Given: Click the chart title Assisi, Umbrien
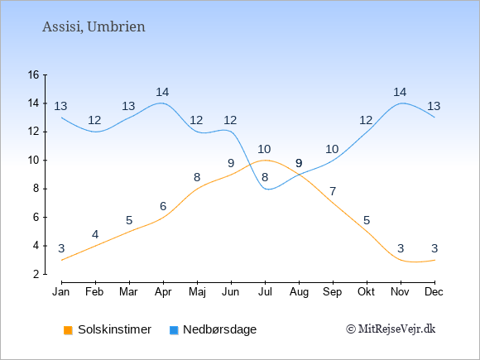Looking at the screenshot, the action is coord(94,26).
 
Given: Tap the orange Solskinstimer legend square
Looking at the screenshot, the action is coord(68,330).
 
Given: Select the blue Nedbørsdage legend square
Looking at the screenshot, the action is coord(174,330).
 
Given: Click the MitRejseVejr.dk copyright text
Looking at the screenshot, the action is coord(391,329).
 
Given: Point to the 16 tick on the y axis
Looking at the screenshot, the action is coord(33,74).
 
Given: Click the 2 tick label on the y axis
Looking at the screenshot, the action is coord(36,274).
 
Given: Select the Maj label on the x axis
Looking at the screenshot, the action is coord(197,292).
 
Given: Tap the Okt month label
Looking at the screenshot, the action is coord(366,292).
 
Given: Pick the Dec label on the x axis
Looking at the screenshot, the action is coord(434,292).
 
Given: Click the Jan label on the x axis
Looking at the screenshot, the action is coord(61,292).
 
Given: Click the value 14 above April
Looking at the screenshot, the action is coord(162,92).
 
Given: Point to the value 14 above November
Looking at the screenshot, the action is coord(400,92).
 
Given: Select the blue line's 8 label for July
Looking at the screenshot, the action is coord(265,177).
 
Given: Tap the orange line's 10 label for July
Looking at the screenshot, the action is coord(264,150).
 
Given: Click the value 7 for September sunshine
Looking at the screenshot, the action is coord(333,192).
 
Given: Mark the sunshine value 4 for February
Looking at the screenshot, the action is coord(95,234).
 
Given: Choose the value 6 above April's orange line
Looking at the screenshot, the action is coord(163,206).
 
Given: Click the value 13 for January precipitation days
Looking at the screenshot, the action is coord(60,106).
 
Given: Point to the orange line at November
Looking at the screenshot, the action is coord(401,260).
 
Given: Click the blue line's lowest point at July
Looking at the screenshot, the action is coord(268,190).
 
